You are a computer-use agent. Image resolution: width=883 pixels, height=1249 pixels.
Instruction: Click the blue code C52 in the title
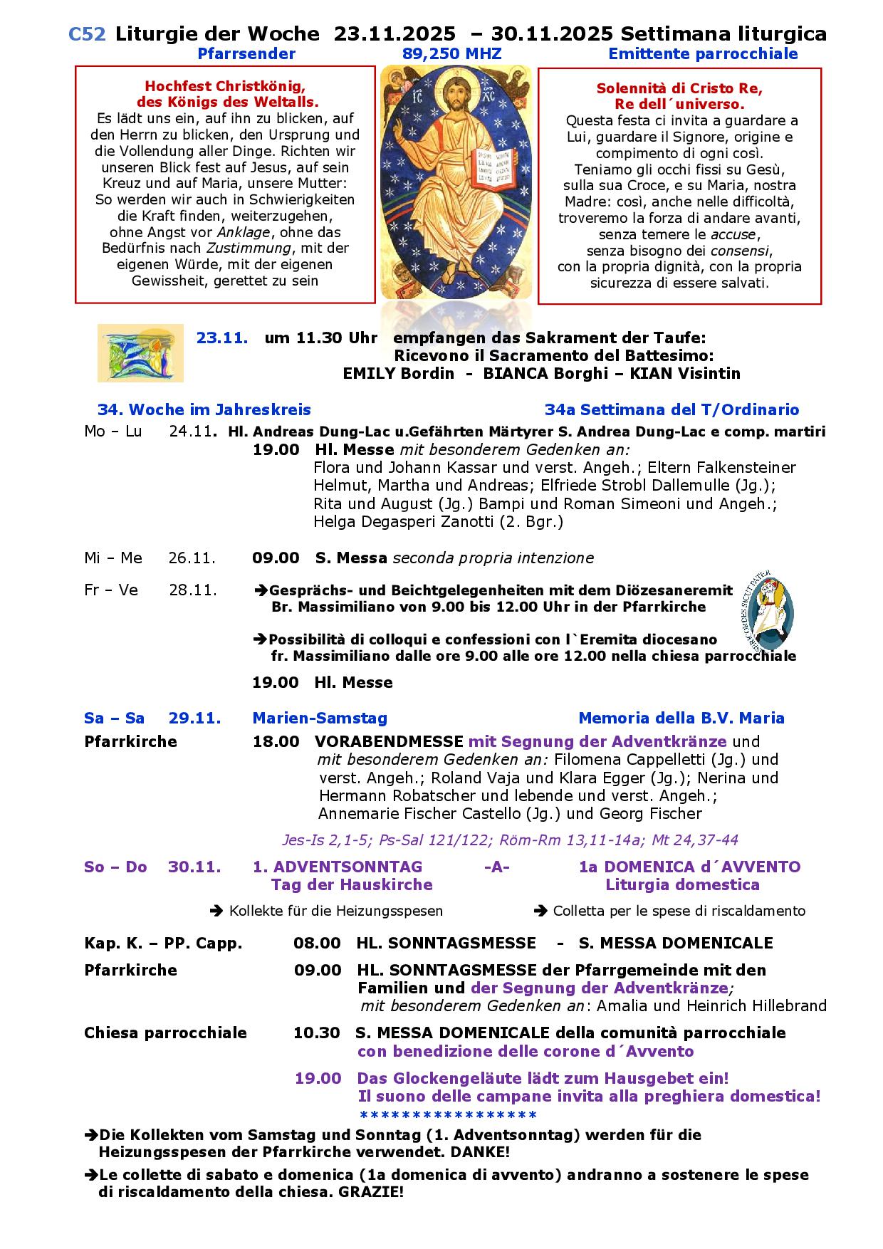87,33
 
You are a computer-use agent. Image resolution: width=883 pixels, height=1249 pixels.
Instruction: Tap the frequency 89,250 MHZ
451,54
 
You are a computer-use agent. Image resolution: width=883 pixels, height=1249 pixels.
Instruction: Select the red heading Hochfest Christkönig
225,86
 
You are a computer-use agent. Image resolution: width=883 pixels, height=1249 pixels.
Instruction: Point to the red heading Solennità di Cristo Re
679,89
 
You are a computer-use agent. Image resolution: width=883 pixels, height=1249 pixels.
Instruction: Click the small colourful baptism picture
140,353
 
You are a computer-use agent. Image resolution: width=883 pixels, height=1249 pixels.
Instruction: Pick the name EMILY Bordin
398,373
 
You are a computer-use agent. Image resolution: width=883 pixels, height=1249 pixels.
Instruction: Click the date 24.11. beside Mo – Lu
192,432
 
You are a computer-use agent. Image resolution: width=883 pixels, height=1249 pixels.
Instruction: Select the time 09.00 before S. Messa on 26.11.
276,558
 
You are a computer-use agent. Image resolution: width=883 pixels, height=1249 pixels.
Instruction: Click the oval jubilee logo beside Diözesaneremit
765,612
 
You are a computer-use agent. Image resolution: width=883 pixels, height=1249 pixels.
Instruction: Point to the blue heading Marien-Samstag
320,718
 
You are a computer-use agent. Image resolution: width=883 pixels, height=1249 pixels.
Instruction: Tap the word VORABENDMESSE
389,741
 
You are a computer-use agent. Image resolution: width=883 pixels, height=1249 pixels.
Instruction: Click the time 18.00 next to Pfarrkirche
276,741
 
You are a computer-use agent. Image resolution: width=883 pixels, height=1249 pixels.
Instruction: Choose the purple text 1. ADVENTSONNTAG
338,867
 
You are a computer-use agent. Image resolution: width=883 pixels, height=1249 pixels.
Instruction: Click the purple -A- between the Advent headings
496,867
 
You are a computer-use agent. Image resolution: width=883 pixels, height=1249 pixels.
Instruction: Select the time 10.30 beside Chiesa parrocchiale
316,1033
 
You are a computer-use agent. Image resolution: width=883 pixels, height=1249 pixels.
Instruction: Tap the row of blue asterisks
448,1115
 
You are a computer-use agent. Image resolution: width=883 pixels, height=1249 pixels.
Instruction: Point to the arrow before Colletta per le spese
540,911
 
